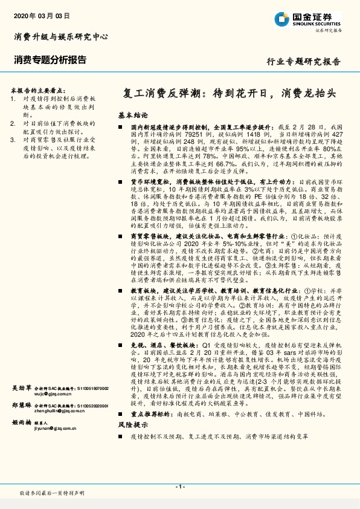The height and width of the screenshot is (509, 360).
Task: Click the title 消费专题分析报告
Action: tap(50, 60)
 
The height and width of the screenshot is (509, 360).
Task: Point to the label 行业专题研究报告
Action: tap(304, 62)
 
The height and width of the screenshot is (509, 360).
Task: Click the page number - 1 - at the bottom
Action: tap(179, 487)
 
